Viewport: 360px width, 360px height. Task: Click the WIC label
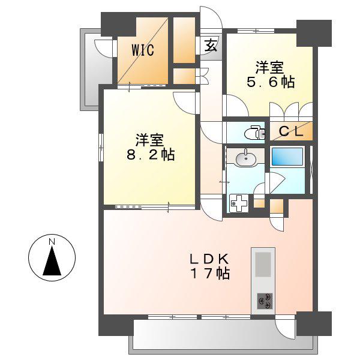pyautogui.click(x=143, y=50)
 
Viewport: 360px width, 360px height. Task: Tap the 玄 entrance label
pyautogui.click(x=211, y=45)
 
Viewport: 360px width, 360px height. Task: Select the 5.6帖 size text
pyautogui.click(x=271, y=82)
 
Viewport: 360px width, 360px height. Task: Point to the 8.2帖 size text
pyautogui.click(x=151, y=154)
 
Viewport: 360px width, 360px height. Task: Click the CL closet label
pyautogui.click(x=291, y=131)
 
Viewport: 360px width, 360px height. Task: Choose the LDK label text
pyautogui.click(x=209, y=259)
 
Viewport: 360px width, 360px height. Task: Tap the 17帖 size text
pyautogui.click(x=210, y=274)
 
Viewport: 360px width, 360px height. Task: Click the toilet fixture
pyautogui.click(x=254, y=133)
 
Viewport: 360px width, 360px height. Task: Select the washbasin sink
pyautogui.click(x=245, y=158)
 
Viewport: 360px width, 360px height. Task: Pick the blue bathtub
pyautogui.click(x=287, y=157)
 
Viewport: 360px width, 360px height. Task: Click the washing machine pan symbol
pyautogui.click(x=239, y=203)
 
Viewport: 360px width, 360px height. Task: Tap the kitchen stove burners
pyautogui.click(x=265, y=301)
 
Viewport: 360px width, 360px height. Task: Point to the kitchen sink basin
pyautogui.click(x=263, y=265)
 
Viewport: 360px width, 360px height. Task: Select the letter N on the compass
pyautogui.click(x=52, y=242)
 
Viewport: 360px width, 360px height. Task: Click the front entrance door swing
pyautogui.click(x=211, y=18)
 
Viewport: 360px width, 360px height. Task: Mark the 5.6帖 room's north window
pyautogui.click(x=256, y=31)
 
